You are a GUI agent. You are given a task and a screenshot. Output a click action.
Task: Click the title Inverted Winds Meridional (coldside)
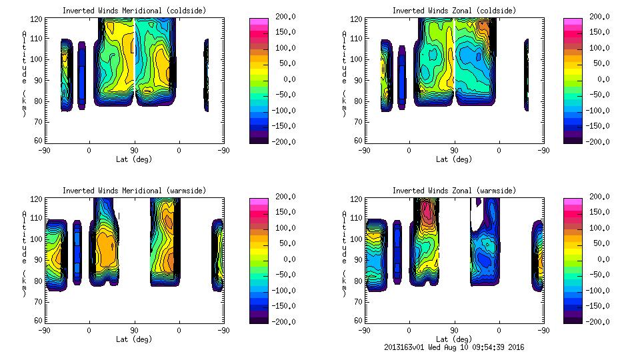134,11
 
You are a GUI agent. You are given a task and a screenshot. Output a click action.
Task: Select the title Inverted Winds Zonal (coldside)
454,11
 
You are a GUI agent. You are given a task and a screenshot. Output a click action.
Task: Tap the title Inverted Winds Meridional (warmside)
134,191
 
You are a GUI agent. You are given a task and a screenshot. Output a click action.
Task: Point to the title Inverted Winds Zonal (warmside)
454,191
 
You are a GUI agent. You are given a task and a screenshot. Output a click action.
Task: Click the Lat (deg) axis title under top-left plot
133,159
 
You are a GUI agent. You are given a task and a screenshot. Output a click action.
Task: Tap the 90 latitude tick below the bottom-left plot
134,330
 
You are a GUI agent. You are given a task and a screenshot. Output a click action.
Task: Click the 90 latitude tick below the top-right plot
454,150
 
